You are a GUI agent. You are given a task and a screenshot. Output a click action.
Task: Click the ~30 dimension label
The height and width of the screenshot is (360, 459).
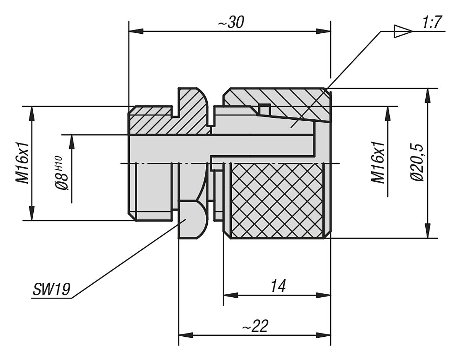point(231,23)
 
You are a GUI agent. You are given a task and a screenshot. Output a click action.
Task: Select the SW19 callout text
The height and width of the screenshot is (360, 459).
point(51,290)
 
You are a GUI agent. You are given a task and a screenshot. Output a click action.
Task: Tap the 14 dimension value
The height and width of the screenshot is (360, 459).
point(278,286)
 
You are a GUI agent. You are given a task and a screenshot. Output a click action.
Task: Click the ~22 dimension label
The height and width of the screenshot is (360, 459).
point(255,326)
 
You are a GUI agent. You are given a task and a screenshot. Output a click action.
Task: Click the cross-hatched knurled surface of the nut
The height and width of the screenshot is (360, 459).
point(277,199)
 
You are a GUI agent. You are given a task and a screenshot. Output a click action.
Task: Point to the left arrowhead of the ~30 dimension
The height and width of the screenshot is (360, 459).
point(136,31)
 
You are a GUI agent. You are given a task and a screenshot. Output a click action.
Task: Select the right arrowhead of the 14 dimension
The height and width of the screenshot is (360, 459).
point(323,295)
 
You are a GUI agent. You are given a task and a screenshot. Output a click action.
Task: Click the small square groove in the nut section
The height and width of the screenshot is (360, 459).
point(264,109)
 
